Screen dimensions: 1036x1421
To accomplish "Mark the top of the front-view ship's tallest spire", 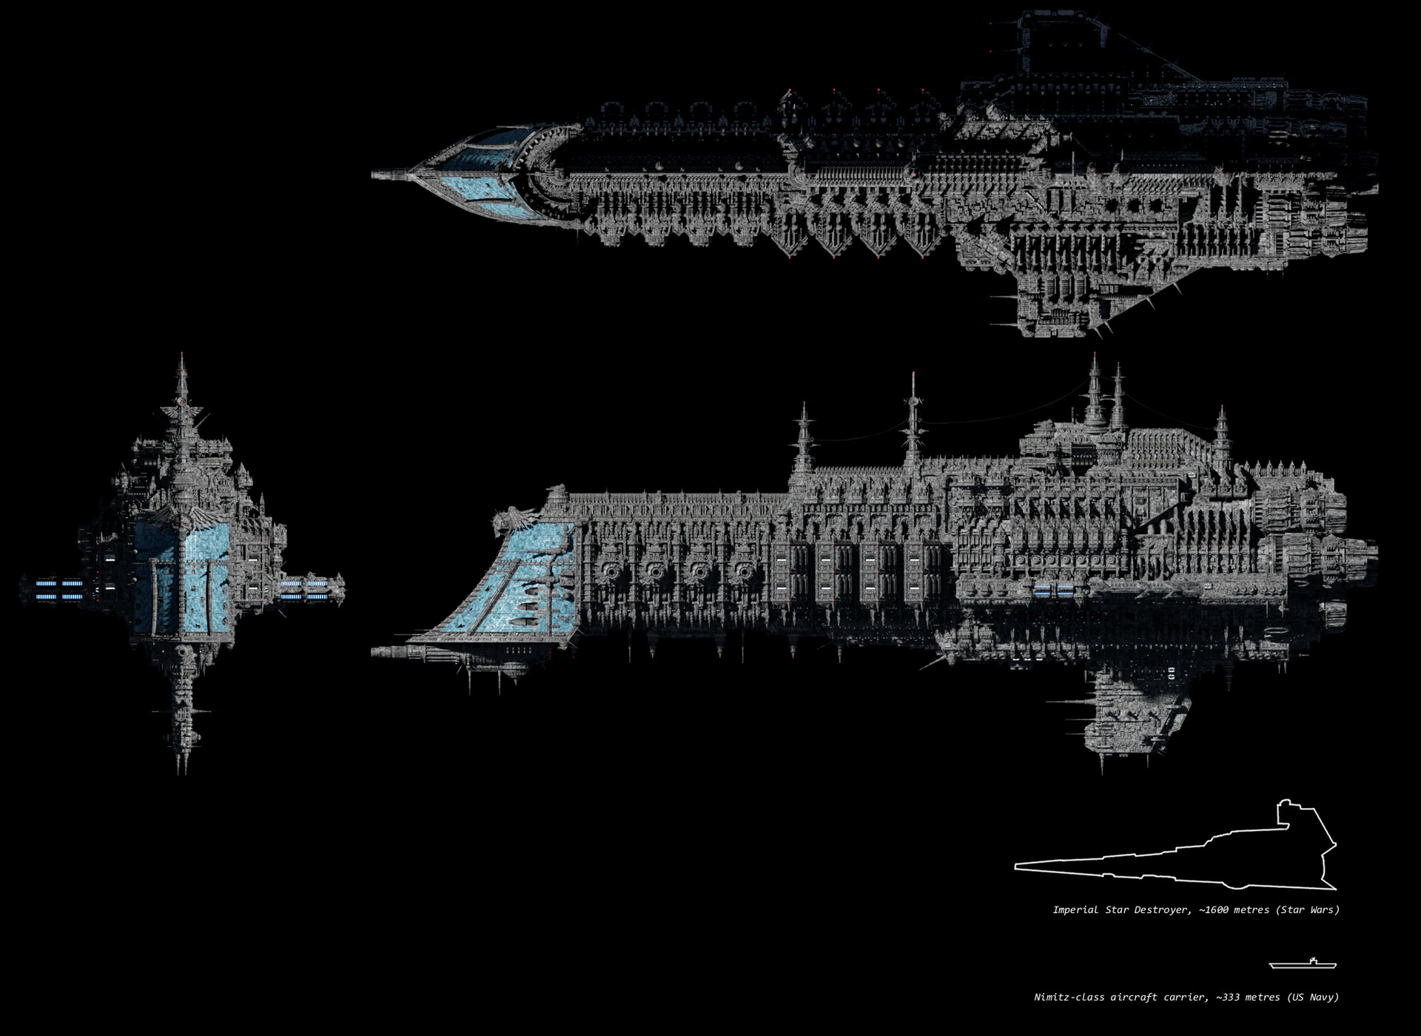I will click(182, 357).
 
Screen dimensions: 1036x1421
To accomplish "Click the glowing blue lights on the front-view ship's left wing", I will click(59, 590).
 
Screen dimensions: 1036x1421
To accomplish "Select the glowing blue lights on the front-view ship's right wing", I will click(305, 590).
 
